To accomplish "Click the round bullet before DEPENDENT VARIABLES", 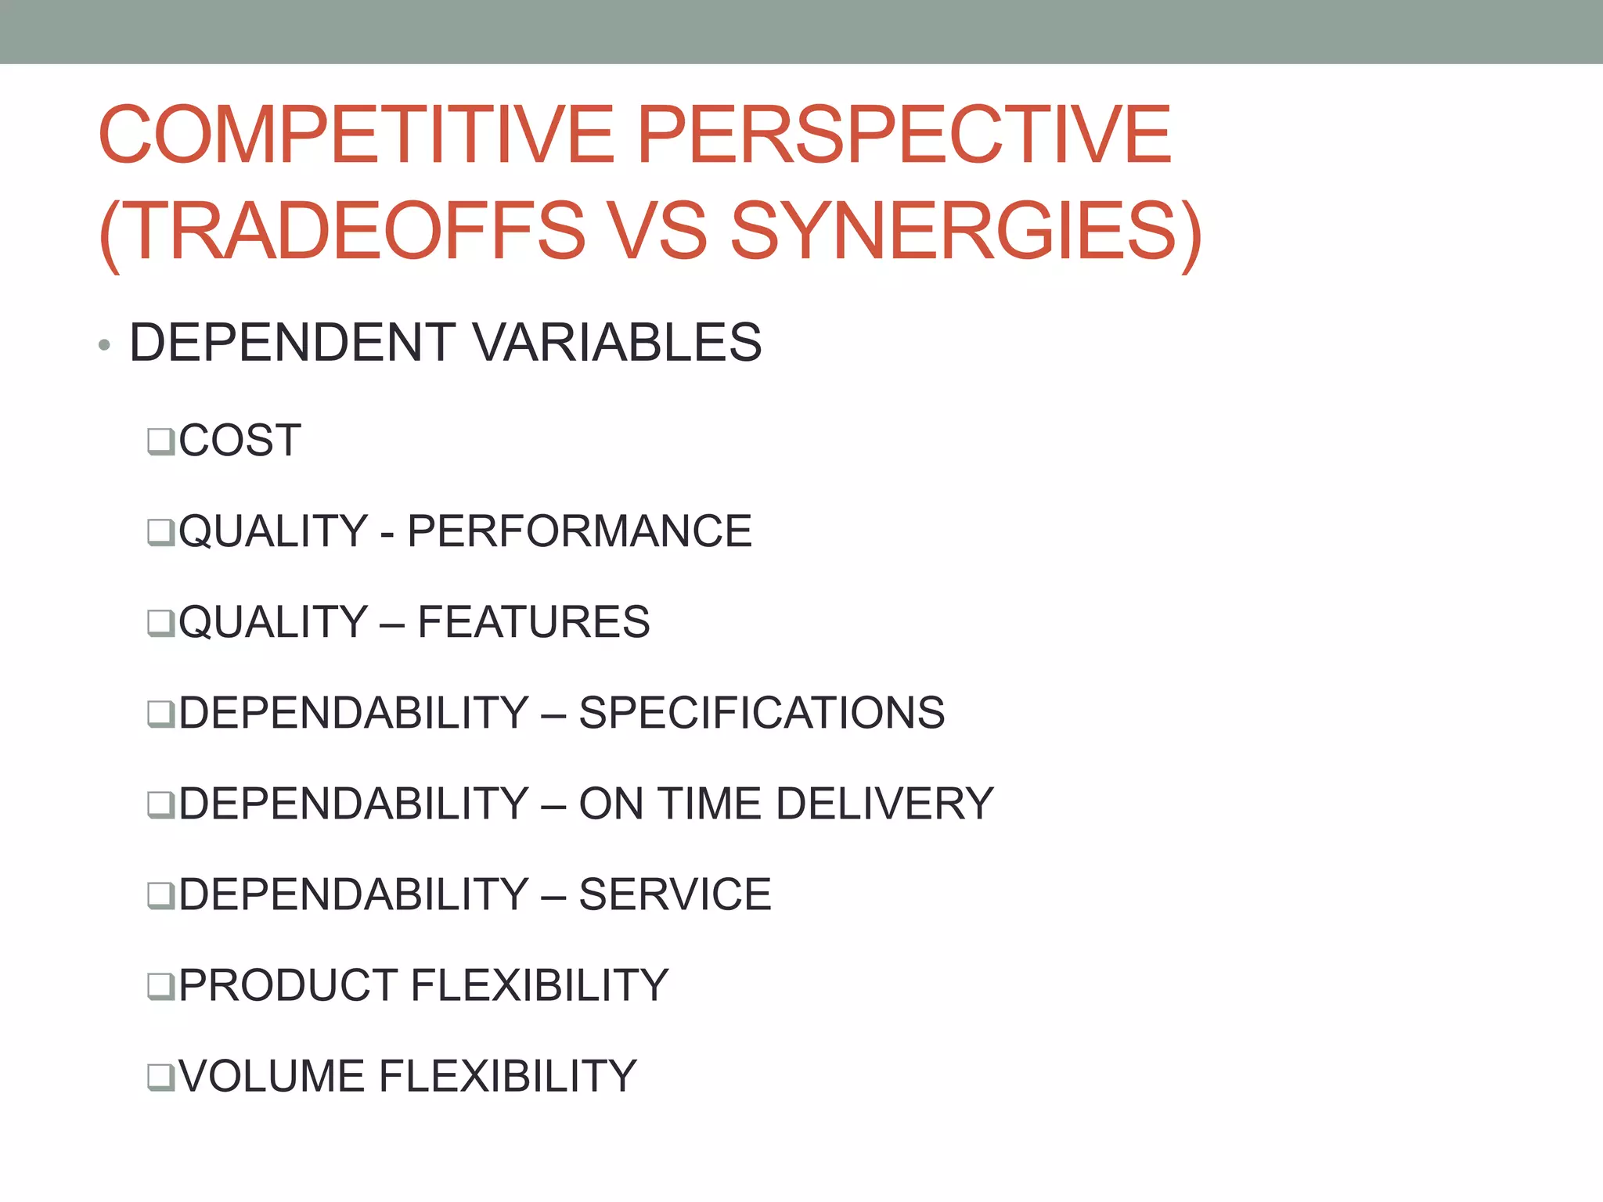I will click(104, 345).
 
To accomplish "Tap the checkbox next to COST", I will click(160, 441).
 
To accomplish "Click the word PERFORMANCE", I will click(579, 531).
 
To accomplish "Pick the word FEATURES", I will click(533, 622).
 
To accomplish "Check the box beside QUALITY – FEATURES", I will click(160, 624).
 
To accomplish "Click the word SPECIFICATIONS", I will click(761, 713).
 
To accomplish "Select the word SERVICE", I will click(675, 894).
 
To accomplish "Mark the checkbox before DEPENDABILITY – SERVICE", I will click(160, 896).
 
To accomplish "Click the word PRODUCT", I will click(286, 985).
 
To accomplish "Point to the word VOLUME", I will click(271, 1076).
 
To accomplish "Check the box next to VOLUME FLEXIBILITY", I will click(160, 1078).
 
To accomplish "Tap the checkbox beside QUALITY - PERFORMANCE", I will click(160, 533).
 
